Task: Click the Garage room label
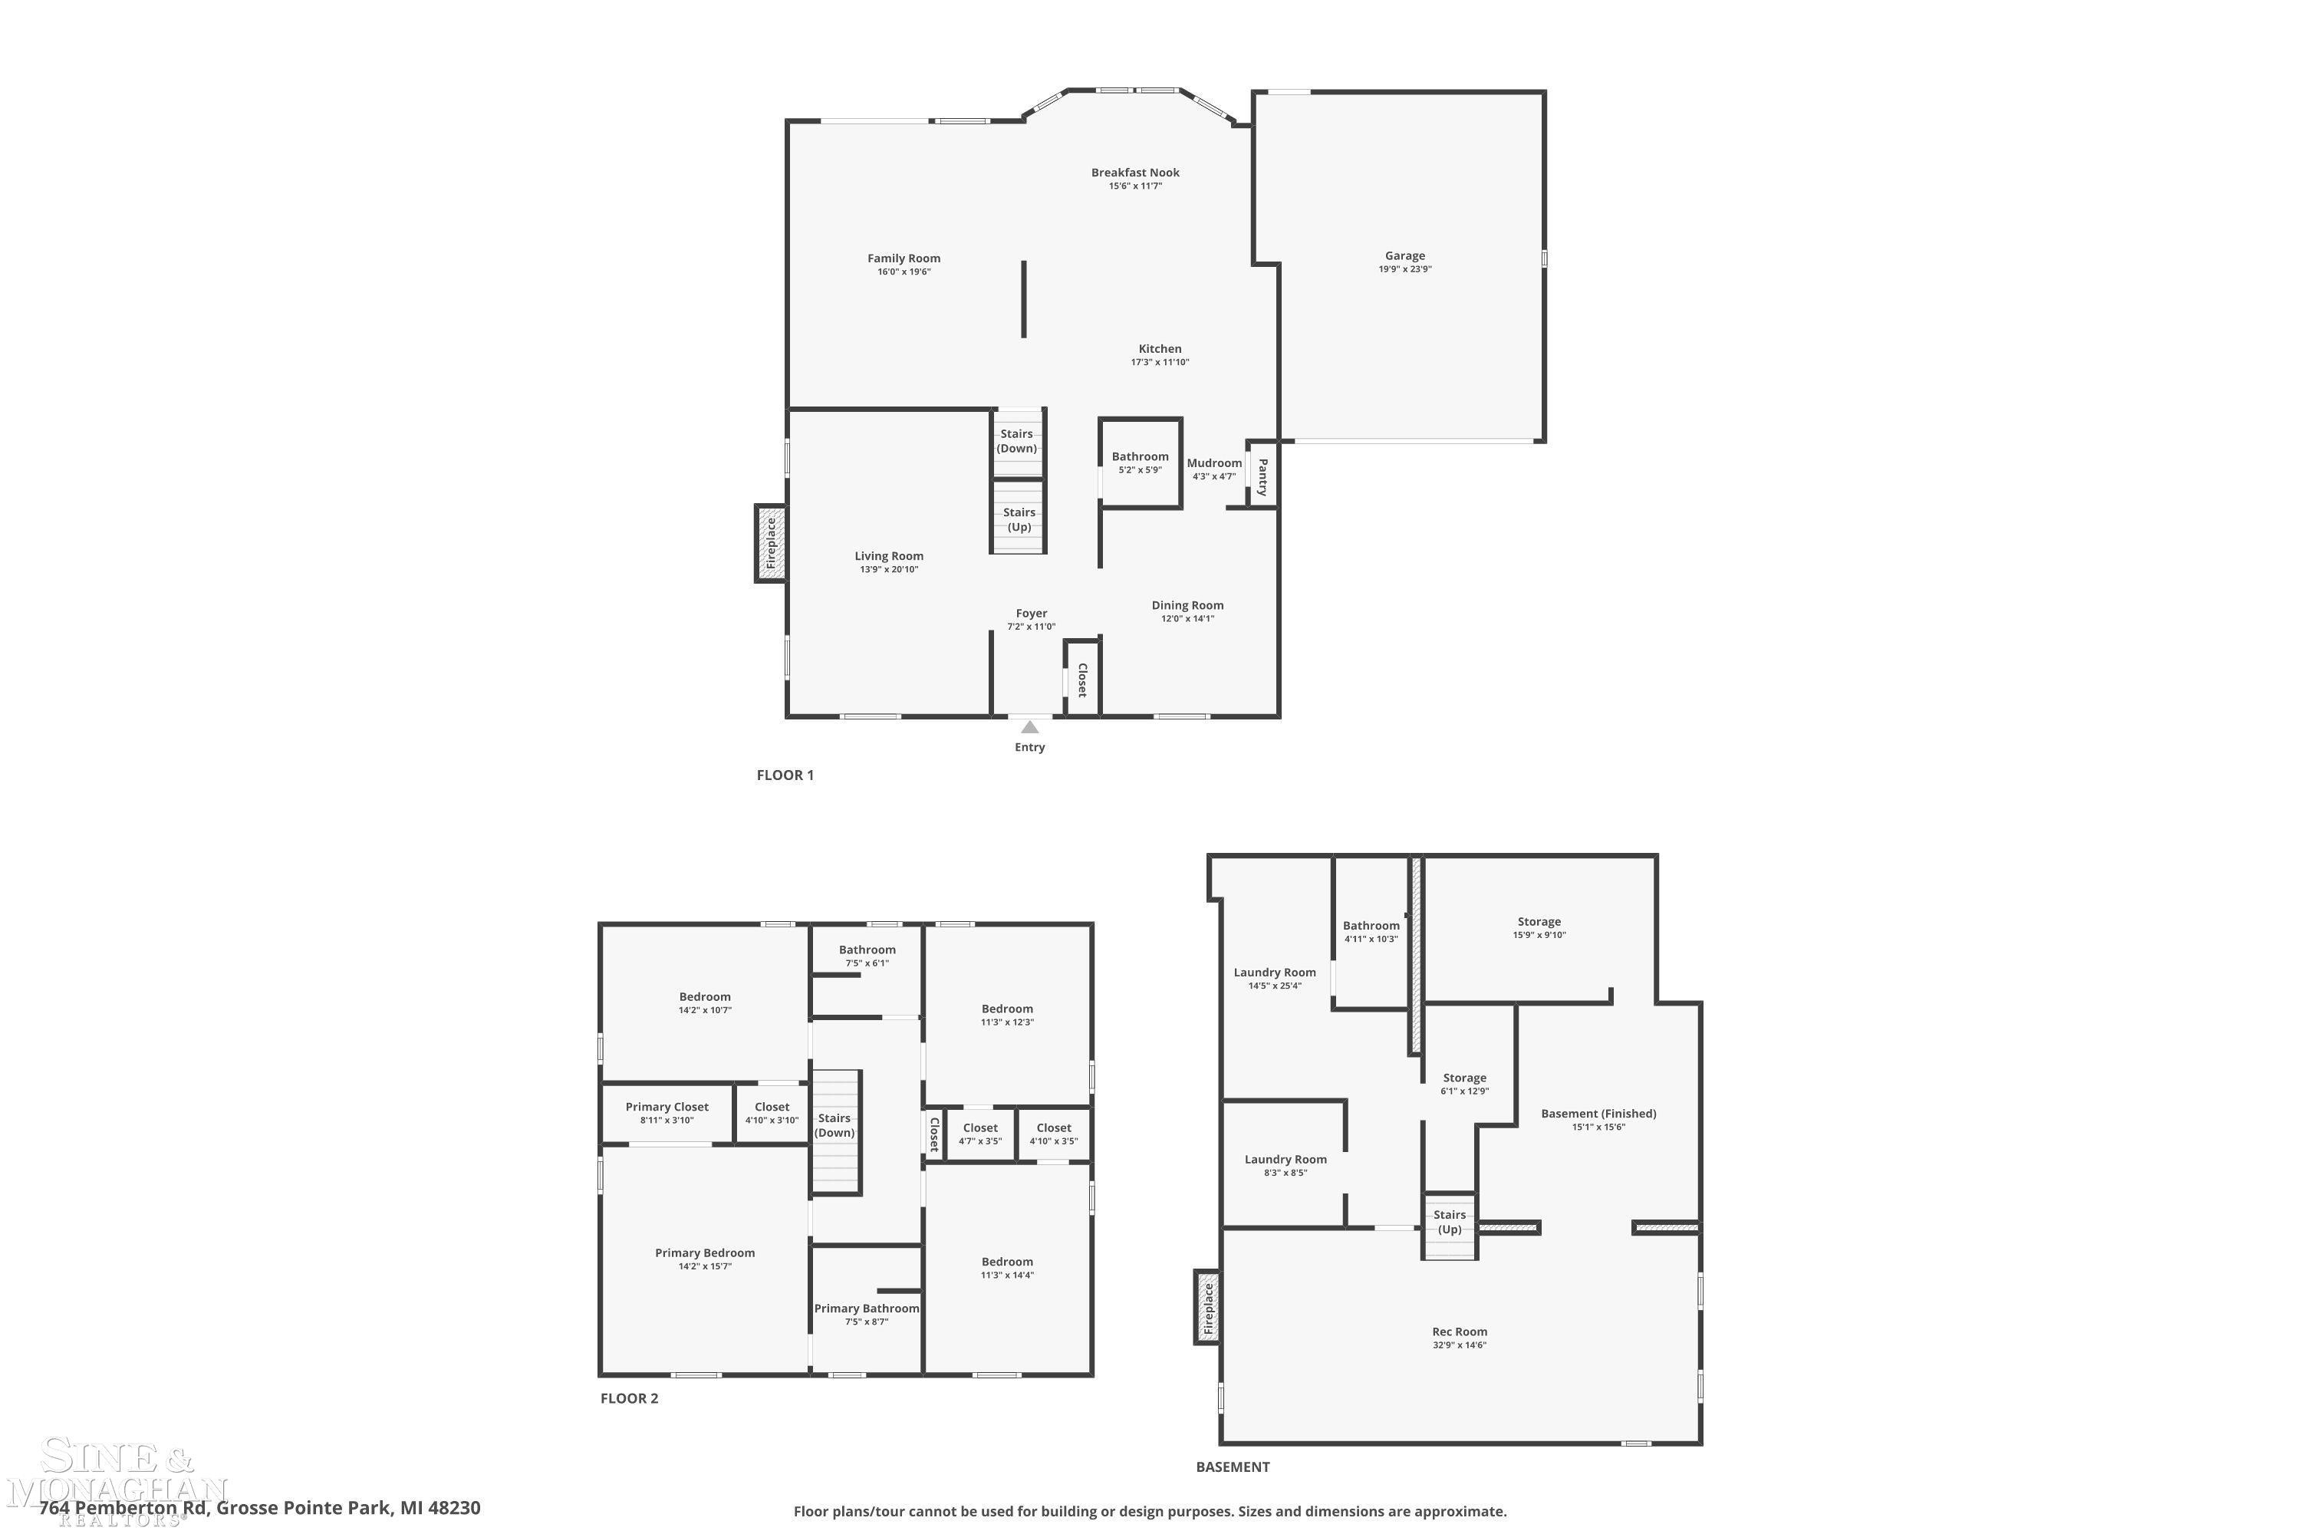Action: [x=1405, y=255]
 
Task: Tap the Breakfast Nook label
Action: [x=1135, y=172]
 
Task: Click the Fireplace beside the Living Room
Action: [x=770, y=544]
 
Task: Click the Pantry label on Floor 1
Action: [x=1262, y=477]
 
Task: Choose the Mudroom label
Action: [x=1214, y=463]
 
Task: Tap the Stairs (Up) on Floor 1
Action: [x=1019, y=518]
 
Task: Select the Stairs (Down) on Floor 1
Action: [x=1016, y=441]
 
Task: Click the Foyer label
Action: [x=1031, y=614]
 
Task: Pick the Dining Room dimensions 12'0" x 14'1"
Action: [x=1187, y=618]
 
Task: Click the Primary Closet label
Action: [x=667, y=1107]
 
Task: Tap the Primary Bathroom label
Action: [x=866, y=1308]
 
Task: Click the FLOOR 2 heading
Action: [x=629, y=1398]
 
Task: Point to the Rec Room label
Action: [x=1459, y=1331]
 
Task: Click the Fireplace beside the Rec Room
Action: [x=1207, y=1307]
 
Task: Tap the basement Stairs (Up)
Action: [x=1449, y=1225]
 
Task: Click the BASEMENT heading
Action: [x=1233, y=1467]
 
